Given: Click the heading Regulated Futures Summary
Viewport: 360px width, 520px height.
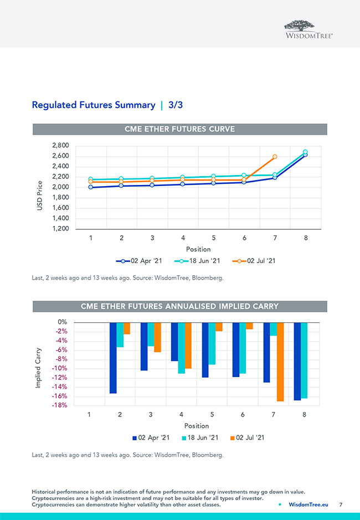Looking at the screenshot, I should pos(94,105).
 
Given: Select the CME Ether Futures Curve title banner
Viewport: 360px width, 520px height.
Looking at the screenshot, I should pos(180,129).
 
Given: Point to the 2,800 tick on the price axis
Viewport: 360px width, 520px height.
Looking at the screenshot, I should pos(60,146).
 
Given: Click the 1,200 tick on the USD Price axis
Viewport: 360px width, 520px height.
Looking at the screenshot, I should pos(60,229).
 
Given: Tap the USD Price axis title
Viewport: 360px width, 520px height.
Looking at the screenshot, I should pos(40,195).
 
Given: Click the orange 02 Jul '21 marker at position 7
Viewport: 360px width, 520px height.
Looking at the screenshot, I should pos(275,157).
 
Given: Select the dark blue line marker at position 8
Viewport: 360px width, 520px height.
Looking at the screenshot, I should pos(305,155).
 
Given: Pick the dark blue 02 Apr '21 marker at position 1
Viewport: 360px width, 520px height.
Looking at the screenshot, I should pos(90,187).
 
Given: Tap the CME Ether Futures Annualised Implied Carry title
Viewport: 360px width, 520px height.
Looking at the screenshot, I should pos(180,306).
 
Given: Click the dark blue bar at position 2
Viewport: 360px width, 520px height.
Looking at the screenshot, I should pos(113,358).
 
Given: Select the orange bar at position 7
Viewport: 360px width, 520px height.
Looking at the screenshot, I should pos(280,362).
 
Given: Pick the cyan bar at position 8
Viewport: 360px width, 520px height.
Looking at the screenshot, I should pos(304,360).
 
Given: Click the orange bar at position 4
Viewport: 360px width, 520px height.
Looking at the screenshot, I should pos(188,346).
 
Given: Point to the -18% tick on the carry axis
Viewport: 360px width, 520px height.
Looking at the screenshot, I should pos(60,405).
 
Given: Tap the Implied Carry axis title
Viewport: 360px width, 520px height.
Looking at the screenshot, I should pos(39,367).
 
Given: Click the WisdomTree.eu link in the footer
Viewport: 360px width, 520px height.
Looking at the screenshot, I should pos(308,505).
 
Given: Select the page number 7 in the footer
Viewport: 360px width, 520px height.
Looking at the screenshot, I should pos(341,505).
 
